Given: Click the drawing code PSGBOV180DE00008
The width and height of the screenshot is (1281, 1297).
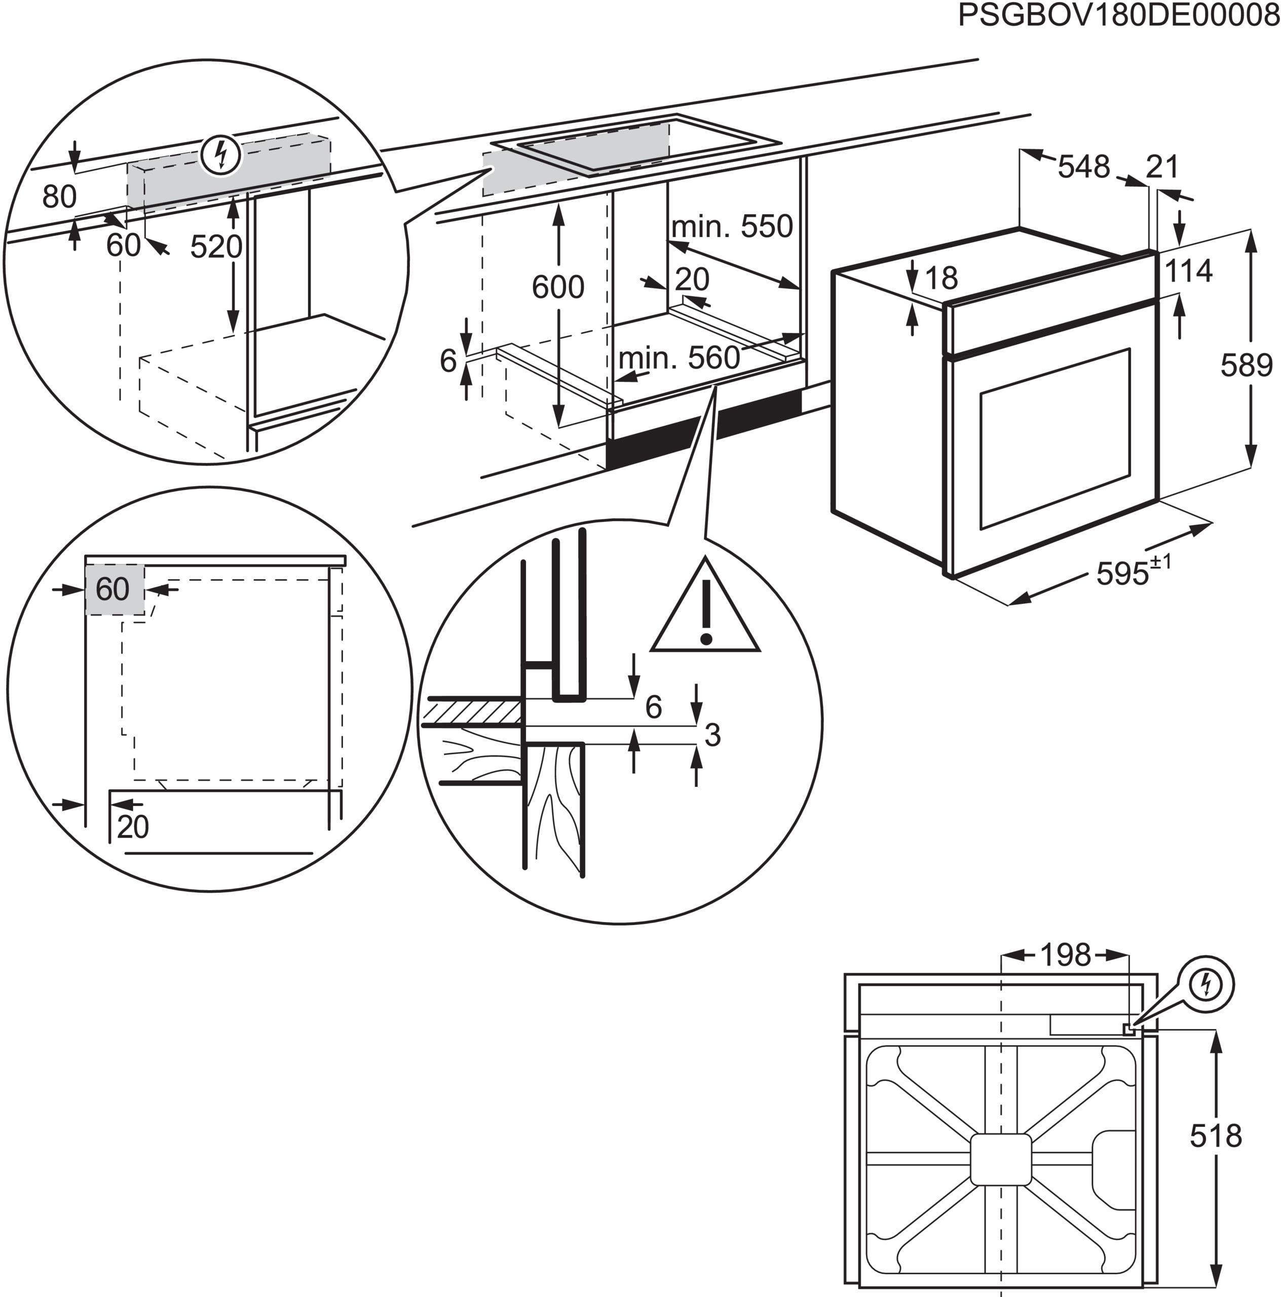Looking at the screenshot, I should click(x=1118, y=15).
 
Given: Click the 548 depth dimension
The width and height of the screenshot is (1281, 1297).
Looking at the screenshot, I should click(x=1083, y=167).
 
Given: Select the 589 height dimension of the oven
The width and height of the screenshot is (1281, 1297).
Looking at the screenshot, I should click(x=1246, y=365).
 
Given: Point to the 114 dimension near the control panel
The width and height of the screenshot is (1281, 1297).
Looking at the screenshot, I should click(x=1188, y=271).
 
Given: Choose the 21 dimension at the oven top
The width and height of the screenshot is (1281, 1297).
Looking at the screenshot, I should click(x=1162, y=167).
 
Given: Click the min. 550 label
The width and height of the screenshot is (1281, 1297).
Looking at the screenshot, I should click(x=732, y=227).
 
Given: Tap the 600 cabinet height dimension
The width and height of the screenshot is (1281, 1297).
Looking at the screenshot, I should click(x=557, y=287).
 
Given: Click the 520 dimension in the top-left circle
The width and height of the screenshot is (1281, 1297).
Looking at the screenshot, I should click(x=215, y=247).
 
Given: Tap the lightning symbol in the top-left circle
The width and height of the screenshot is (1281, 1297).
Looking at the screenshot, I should click(x=220, y=156).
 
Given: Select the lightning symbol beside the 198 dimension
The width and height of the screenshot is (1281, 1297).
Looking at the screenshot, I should click(x=1207, y=985).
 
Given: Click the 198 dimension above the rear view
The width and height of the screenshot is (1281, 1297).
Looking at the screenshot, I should click(x=1066, y=955).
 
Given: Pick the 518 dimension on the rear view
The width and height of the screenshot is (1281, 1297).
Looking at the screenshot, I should click(x=1215, y=1136).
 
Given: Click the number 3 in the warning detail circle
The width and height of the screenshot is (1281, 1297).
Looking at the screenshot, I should click(x=712, y=735).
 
